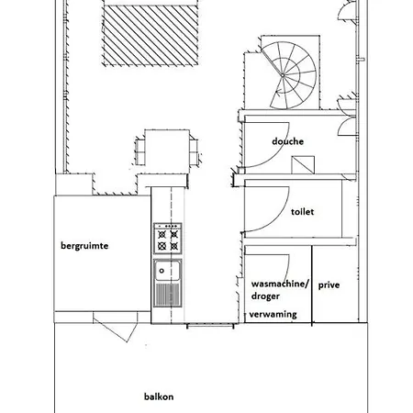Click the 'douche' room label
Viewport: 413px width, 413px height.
tap(287, 141)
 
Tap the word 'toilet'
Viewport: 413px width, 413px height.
tap(302, 212)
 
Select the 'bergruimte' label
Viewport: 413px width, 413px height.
tap(84, 246)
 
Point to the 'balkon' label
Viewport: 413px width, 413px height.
tap(159, 396)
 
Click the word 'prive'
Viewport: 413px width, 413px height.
tap(329, 285)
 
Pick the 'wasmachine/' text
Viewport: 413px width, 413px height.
tap(280, 284)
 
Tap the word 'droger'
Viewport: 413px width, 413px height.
tap(265, 296)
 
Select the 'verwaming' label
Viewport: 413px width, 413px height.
tap(273, 315)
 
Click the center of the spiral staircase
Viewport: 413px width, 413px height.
tap(283, 75)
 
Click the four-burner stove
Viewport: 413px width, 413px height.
tap(168, 239)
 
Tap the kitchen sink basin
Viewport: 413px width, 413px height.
tap(167, 271)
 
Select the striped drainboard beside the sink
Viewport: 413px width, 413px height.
tap(167, 295)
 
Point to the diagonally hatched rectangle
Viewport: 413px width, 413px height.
tap(151, 35)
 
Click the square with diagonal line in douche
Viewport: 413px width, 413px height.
tap(303, 165)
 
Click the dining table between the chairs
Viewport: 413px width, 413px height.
tap(167, 151)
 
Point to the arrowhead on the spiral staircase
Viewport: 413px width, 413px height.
tap(278, 91)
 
